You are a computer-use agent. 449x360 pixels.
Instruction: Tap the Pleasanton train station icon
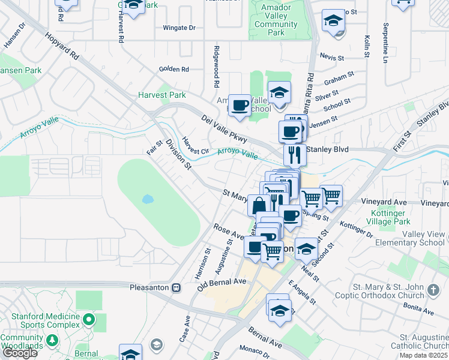pos(176,287)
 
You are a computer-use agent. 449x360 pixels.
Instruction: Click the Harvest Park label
pos(161,95)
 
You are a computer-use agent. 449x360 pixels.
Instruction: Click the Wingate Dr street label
pos(179,28)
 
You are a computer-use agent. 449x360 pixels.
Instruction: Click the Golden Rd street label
pos(174,69)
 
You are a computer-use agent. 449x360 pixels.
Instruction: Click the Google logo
pos(20,353)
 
